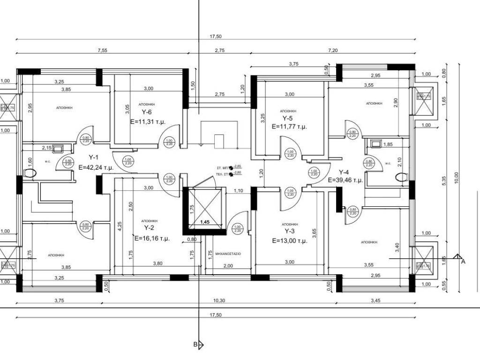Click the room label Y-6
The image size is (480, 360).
[x=147, y=112]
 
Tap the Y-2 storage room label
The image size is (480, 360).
[x=150, y=228]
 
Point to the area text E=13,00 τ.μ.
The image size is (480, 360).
[x=290, y=240]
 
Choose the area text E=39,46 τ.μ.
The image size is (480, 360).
[x=346, y=180]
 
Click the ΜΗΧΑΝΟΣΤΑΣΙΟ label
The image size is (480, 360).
[x=228, y=253]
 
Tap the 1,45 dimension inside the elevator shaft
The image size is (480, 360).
[x=205, y=222]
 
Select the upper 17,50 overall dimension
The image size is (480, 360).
[x=216, y=37]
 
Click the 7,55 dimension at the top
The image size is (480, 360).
[x=103, y=50]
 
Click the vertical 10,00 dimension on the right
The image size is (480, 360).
[x=457, y=178]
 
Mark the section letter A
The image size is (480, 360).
[x=463, y=262]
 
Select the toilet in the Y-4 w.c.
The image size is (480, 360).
[x=401, y=177]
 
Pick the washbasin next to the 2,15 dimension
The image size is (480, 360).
[x=58, y=150]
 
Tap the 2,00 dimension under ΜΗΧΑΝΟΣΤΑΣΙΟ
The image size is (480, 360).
[x=228, y=266]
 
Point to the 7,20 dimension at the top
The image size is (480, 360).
[x=333, y=50]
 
